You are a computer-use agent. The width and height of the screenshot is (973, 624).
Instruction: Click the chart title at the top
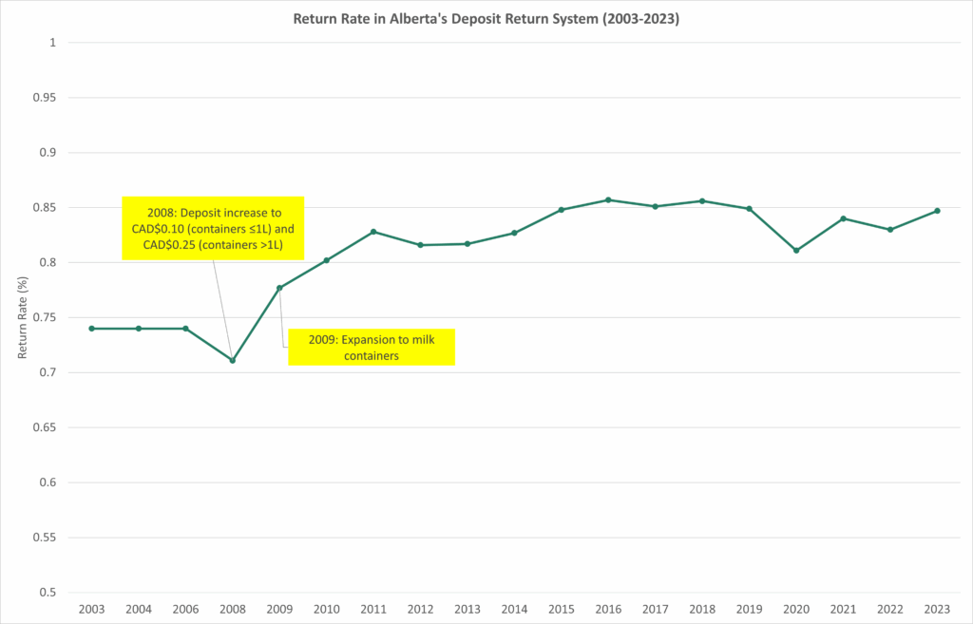tap(486, 17)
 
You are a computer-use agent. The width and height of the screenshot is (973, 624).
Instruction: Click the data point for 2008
tap(233, 361)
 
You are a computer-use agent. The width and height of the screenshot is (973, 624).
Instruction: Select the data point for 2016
tap(608, 199)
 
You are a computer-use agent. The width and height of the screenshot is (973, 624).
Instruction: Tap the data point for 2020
tap(796, 251)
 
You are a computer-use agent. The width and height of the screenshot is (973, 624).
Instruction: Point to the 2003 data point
tap(91, 328)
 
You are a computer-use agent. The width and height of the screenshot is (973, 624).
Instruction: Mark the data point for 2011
tap(373, 232)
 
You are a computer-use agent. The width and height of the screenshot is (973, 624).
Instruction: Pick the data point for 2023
tap(937, 211)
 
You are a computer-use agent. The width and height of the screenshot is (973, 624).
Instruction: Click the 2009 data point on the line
tap(279, 288)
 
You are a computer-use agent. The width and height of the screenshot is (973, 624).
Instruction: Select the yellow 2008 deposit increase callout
tap(213, 228)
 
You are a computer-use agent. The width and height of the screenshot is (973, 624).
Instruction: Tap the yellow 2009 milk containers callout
tap(372, 348)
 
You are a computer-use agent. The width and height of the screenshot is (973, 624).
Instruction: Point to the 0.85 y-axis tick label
tap(44, 208)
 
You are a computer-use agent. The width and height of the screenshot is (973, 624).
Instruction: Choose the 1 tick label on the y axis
tap(53, 43)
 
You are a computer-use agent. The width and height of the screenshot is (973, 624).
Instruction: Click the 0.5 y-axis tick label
tap(48, 593)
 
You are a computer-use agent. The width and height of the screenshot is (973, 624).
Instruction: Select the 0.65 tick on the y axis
tap(44, 427)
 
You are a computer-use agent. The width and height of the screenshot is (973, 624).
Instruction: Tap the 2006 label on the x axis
tap(185, 608)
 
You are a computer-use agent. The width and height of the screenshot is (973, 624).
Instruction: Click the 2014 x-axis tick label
tap(514, 608)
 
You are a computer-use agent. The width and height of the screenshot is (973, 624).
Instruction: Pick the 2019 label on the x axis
tap(749, 608)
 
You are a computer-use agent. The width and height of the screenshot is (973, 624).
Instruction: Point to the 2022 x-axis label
tap(890, 608)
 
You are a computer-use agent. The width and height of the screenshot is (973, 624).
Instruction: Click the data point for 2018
tap(702, 200)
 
